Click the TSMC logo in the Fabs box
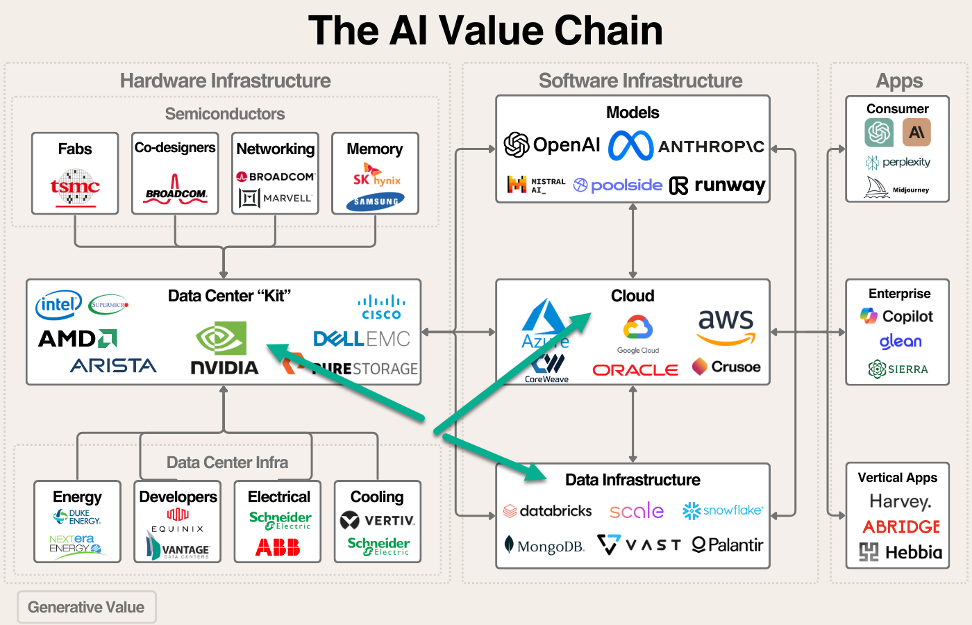tap(75, 187)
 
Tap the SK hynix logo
tap(376, 176)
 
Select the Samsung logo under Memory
tap(376, 201)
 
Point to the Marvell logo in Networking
tap(276, 198)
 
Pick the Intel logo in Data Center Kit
tap(58, 304)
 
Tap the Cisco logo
tap(381, 308)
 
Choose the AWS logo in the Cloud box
tap(726, 326)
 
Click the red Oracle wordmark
tap(635, 370)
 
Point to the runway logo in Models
tap(717, 185)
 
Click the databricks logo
tap(548, 511)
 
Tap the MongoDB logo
tap(546, 546)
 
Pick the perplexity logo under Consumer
tap(898, 162)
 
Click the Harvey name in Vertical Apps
tap(900, 501)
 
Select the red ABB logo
tap(278, 548)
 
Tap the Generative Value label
tap(86, 607)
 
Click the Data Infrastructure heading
tap(632, 480)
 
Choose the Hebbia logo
tap(900, 553)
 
